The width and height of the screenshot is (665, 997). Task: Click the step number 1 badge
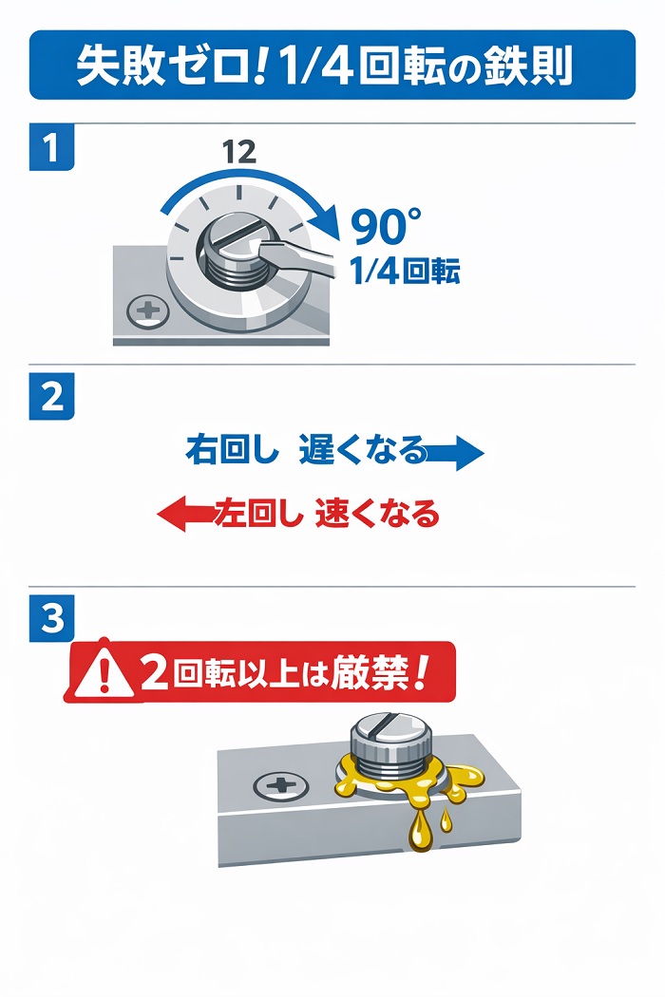[x=51, y=147]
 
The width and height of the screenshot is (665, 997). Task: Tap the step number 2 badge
[x=51, y=396]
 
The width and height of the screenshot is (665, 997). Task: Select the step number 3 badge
[x=51, y=618]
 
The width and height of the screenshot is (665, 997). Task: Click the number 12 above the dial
[x=239, y=151]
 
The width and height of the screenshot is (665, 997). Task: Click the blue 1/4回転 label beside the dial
[x=405, y=272]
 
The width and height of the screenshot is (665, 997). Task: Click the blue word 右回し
[x=232, y=449]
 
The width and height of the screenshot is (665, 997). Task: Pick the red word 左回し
[x=259, y=513]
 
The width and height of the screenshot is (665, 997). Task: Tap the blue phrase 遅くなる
[x=361, y=449]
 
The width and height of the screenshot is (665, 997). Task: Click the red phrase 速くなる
[x=377, y=513]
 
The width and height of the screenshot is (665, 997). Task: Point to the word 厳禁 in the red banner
[x=370, y=671]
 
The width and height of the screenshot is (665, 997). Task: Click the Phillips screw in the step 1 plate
[x=147, y=311]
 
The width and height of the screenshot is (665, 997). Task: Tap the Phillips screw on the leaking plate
[x=281, y=786]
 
